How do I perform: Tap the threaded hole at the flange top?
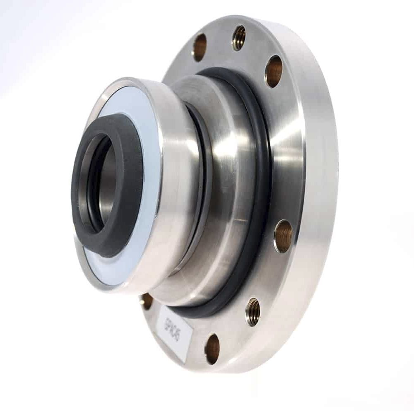pos(238,38)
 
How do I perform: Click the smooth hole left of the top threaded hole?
pos(200,47)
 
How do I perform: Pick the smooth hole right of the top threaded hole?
pos(273,71)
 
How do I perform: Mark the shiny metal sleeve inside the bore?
pos(110,182)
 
